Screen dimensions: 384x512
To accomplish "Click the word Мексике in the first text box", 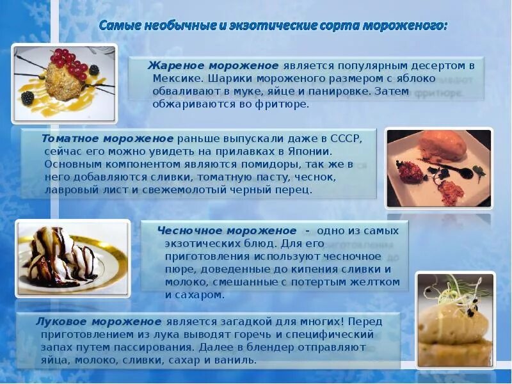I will tap(177, 78).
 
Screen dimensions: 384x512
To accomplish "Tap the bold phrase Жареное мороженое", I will tap(213, 66).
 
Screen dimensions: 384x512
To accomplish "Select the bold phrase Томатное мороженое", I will tap(108, 138).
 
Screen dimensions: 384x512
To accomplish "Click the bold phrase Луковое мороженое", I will tap(99, 321).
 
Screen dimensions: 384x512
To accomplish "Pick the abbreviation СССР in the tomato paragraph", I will tap(344, 138).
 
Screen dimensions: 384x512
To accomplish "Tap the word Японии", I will tap(309, 151).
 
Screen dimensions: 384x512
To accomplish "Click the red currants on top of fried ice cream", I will tap(68, 61).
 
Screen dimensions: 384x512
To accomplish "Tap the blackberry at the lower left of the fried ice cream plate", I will tap(28, 98).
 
